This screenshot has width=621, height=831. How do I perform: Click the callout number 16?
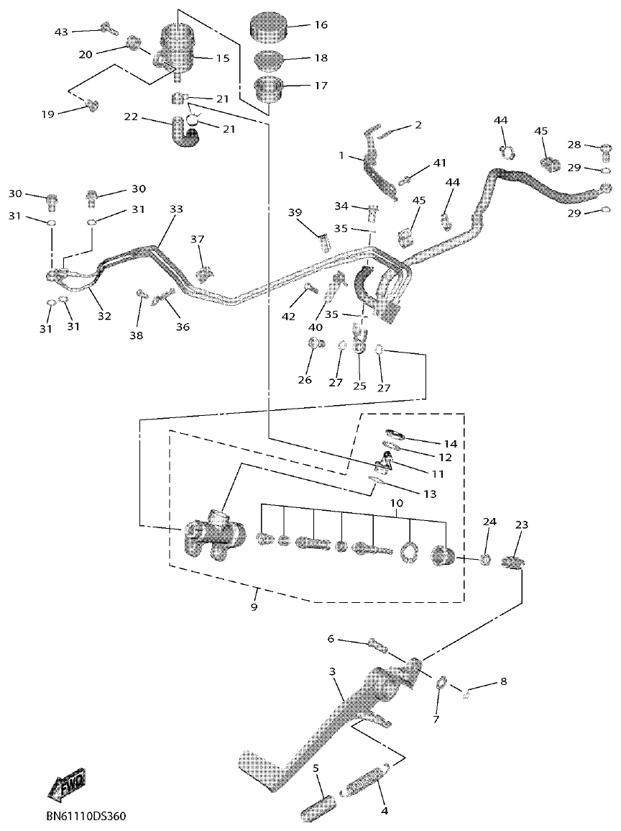(x=321, y=24)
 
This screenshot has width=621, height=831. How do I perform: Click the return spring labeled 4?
(x=369, y=781)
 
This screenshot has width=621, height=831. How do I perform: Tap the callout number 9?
(x=254, y=607)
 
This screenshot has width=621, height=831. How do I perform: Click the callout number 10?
(x=396, y=504)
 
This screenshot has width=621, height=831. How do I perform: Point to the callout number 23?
(x=522, y=525)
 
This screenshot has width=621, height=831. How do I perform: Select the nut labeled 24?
(x=486, y=559)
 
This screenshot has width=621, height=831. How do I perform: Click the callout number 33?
(x=176, y=209)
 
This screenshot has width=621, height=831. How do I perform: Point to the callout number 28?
(x=594, y=145)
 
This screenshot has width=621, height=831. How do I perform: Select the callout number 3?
(x=332, y=671)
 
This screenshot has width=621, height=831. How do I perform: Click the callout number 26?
(x=305, y=380)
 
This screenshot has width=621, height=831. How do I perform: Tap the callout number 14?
(x=450, y=443)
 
